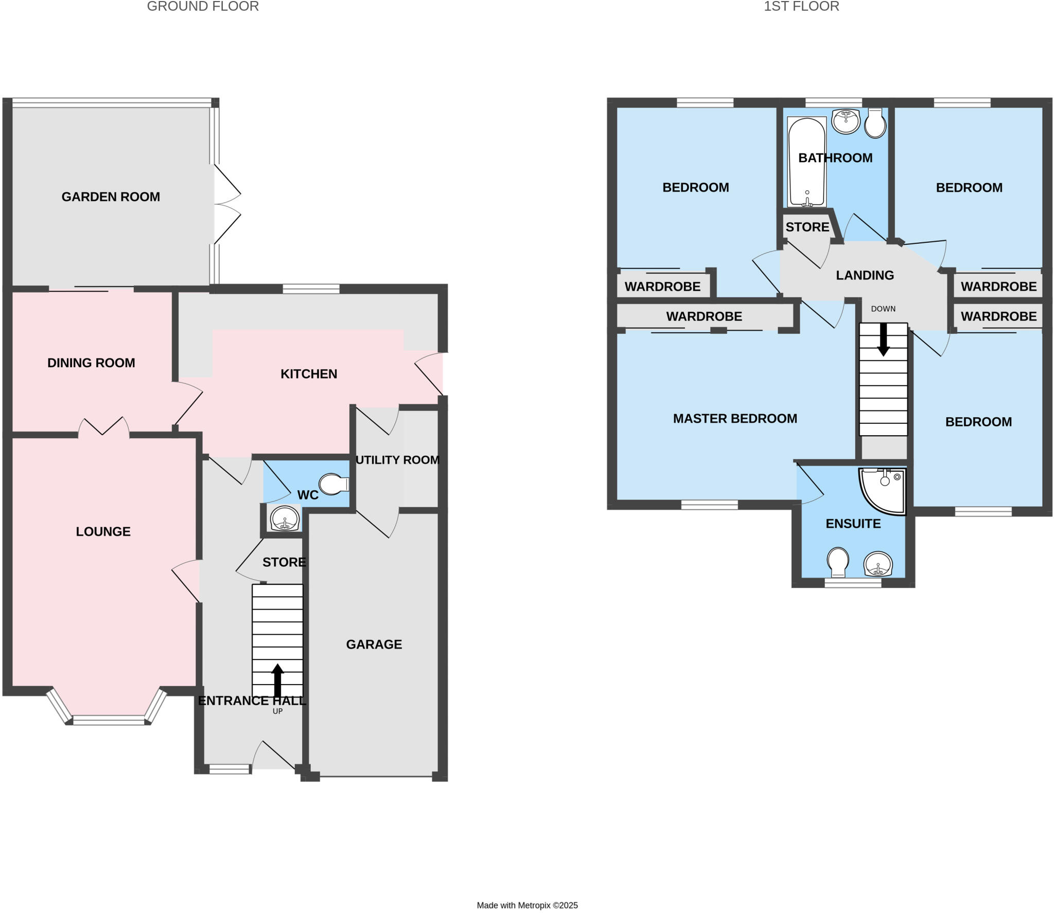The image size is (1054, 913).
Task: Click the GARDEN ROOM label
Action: (x=111, y=196)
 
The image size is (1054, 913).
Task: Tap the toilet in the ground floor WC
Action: (x=333, y=484)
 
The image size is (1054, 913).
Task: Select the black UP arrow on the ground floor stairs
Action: (x=277, y=679)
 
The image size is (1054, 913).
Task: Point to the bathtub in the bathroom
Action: (x=806, y=162)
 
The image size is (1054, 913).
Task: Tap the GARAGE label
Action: (x=374, y=644)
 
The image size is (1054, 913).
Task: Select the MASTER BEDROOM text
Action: (x=735, y=418)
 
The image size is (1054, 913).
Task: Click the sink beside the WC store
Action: (x=284, y=518)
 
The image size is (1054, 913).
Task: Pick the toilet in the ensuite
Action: (x=838, y=562)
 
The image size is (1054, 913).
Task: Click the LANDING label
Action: (x=865, y=275)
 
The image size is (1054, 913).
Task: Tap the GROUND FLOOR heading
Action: (x=203, y=6)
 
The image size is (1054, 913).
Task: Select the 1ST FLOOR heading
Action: (x=801, y=6)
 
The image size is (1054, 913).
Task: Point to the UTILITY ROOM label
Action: (x=397, y=460)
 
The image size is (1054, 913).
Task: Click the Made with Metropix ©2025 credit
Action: (x=527, y=905)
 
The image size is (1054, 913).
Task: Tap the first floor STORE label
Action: (x=807, y=227)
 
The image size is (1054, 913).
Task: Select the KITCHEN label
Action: (x=309, y=374)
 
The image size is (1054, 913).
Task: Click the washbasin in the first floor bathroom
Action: (x=846, y=121)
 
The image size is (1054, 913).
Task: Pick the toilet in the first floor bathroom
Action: (x=875, y=123)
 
